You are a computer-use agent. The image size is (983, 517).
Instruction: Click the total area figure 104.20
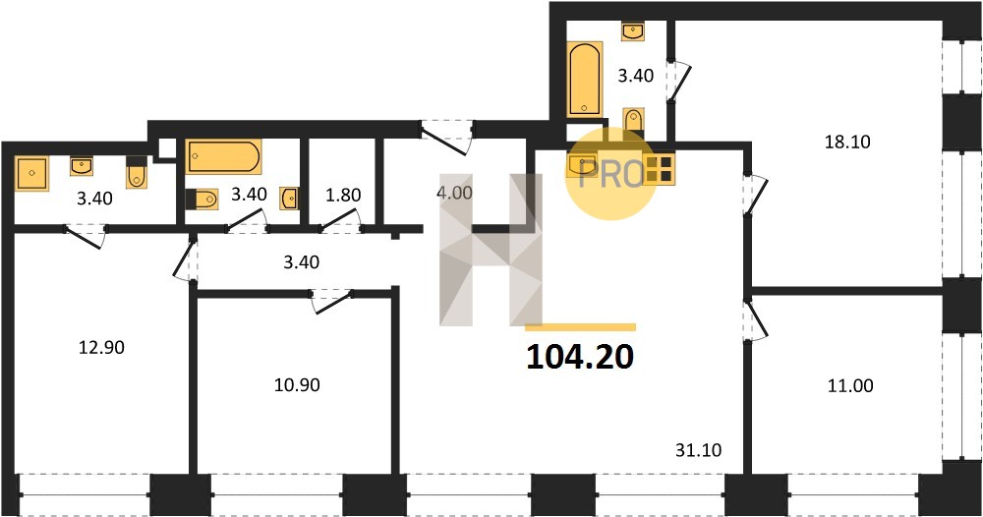point(581,357)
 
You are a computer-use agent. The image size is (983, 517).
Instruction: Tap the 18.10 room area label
point(847,142)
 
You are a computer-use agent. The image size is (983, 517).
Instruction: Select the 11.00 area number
point(850,385)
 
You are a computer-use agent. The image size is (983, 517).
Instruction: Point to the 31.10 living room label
point(698,450)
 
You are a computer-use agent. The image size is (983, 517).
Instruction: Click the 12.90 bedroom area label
point(101,347)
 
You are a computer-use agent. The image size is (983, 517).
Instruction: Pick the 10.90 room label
point(297,384)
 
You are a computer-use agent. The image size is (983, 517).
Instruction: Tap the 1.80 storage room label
point(343,195)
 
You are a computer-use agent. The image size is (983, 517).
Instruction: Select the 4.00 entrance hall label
point(454,193)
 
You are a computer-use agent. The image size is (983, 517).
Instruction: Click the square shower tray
point(32,174)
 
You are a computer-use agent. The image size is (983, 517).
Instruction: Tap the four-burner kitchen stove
point(660,169)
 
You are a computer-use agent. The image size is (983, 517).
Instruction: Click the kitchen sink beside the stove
point(582,166)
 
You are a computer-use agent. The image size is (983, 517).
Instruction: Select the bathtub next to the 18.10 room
point(585,79)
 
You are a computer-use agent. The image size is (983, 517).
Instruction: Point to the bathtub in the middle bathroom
point(223,156)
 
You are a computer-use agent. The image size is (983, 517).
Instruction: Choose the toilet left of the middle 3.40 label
point(202,200)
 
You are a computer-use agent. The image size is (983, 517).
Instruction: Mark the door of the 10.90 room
point(332,301)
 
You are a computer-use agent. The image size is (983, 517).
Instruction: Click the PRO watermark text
point(611,174)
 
